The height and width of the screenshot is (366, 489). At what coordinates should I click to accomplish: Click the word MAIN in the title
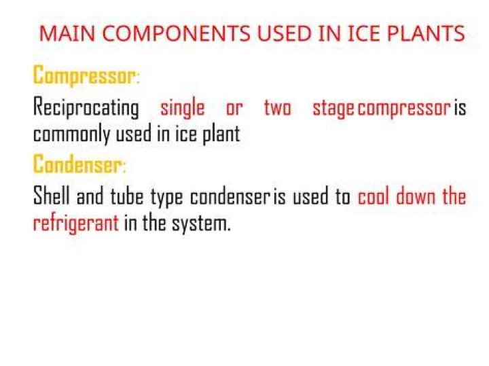67,33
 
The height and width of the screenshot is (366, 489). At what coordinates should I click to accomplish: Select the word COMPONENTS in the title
176,33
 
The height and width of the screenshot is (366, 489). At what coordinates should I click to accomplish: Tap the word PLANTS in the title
426,33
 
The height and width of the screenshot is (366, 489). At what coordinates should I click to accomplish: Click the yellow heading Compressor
86,75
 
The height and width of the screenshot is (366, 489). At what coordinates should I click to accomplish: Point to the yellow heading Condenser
79,164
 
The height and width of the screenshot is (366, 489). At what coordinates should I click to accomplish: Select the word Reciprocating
86,108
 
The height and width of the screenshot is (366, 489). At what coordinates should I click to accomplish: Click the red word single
183,108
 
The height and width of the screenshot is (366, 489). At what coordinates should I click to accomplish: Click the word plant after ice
221,134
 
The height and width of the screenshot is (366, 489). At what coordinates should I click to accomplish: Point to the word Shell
52,196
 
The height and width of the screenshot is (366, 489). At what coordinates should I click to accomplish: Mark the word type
166,198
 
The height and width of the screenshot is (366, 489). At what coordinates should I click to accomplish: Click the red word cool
374,196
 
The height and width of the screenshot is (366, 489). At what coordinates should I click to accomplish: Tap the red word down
416,196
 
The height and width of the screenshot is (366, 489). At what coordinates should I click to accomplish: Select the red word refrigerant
76,223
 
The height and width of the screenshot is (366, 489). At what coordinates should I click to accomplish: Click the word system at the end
202,224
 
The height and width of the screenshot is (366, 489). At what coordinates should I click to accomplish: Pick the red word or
234,109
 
